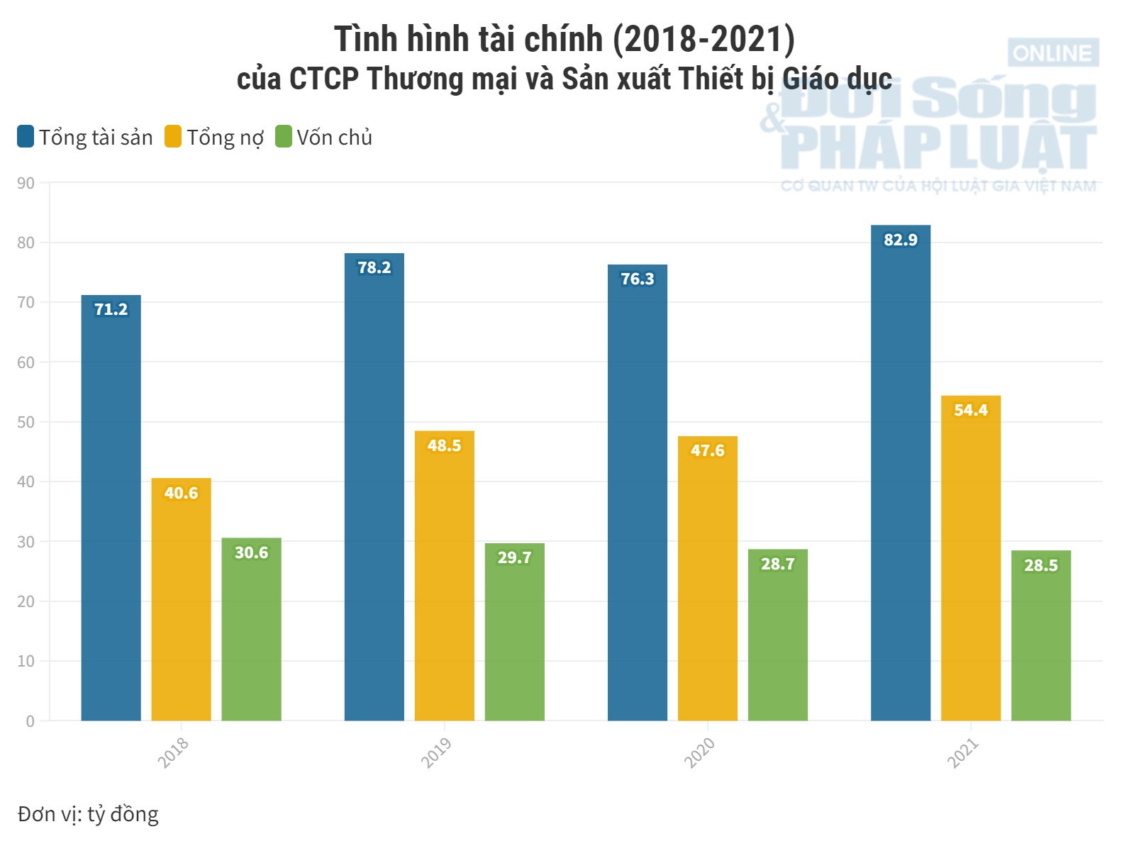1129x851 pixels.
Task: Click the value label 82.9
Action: [900, 240]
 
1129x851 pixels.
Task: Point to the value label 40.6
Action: [181, 493]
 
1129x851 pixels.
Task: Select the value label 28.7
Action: [777, 564]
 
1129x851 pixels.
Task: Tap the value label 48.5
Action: [444, 445]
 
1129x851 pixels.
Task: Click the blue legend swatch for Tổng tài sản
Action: [26, 136]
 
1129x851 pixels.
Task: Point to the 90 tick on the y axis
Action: [26, 183]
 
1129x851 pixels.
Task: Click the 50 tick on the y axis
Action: [26, 422]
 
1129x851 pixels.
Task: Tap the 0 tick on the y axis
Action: [30, 721]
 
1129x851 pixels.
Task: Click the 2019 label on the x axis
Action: [436, 752]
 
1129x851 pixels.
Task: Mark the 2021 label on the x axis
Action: [962, 752]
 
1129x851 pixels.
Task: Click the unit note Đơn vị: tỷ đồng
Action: [88, 814]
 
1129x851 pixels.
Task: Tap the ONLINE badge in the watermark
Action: [1052, 53]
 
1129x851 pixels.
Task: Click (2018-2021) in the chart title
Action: [703, 39]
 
